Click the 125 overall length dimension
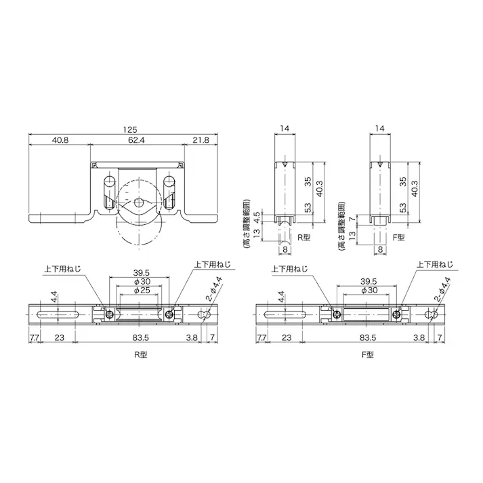[x=130, y=129]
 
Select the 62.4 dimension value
[x=137, y=140]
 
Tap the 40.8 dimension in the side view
[x=60, y=140]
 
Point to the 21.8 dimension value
[x=201, y=140]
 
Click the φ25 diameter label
[x=142, y=290]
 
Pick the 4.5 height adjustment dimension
[x=257, y=217]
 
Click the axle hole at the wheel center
[x=139, y=203]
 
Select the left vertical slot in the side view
[x=109, y=193]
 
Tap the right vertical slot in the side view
[x=169, y=193]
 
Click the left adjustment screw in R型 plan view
[x=110, y=314]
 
